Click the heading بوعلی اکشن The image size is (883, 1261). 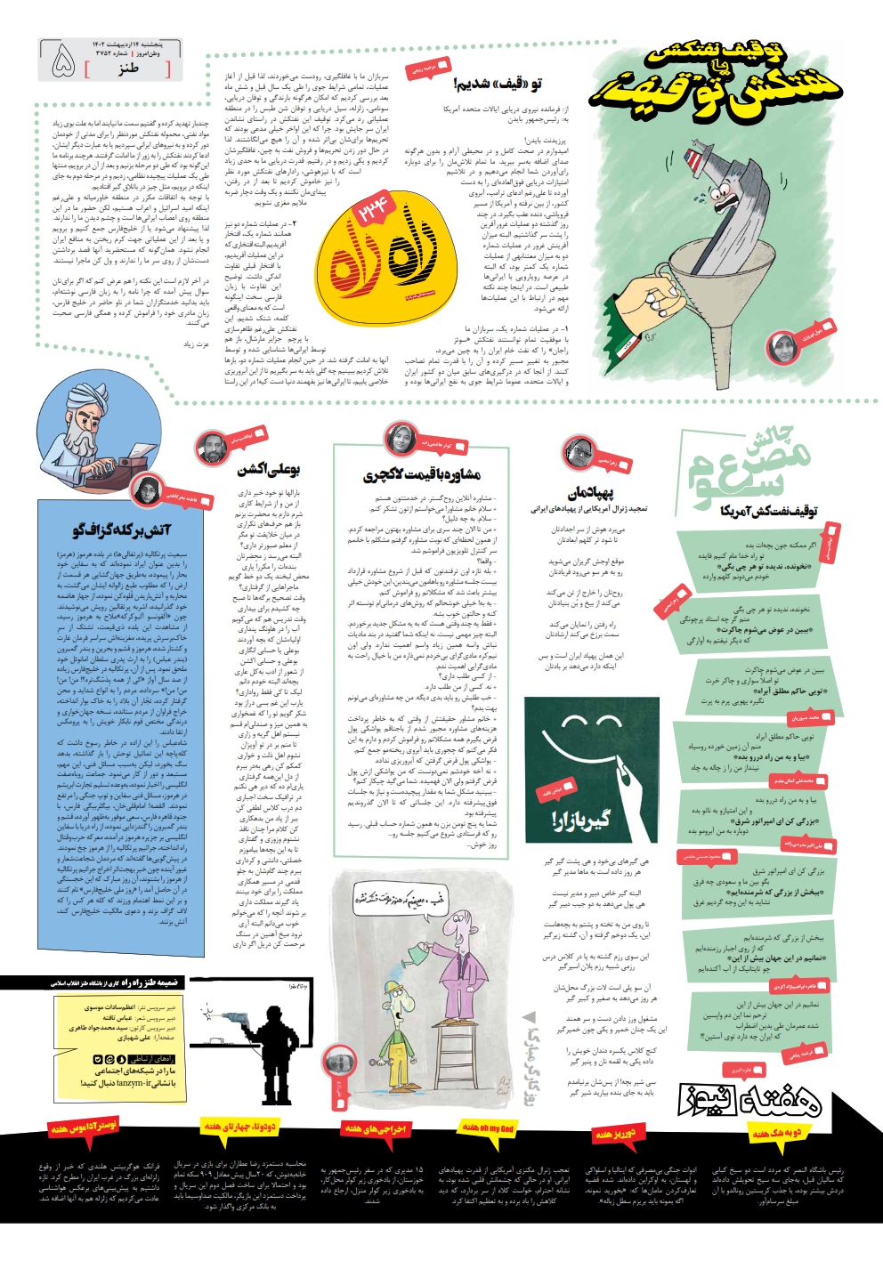pos(270,469)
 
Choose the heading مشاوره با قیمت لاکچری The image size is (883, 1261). pos(422,474)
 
